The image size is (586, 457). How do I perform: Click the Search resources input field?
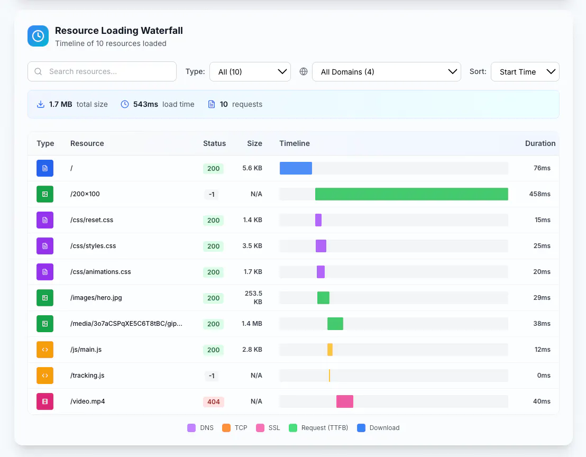coord(102,71)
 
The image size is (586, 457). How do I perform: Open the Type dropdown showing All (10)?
coord(250,72)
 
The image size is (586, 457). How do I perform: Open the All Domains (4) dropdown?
coord(387,72)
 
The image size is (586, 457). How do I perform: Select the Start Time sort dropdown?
coord(525,72)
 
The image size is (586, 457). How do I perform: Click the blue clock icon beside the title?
coord(38,36)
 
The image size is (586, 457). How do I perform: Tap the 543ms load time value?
coord(145,104)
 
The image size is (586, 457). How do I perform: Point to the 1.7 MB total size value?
coord(60,104)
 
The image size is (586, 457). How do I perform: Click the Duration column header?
coord(540,143)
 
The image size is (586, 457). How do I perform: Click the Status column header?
coord(214,143)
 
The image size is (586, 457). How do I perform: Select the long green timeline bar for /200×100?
coord(411,194)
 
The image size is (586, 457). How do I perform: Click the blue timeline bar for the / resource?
coord(296,168)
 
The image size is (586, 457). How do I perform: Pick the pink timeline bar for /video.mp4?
coord(345,401)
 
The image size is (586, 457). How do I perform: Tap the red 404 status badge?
coord(213,401)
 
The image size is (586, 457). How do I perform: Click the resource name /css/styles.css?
coord(93,246)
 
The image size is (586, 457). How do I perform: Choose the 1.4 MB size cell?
coord(252,324)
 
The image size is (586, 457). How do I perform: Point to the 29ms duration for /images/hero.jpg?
coord(542,298)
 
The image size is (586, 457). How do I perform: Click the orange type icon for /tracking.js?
coord(45,376)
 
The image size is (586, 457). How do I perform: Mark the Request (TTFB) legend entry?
coord(318,428)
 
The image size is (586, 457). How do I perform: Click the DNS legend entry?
coord(200,428)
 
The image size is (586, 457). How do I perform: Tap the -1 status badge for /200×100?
coord(212,194)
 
